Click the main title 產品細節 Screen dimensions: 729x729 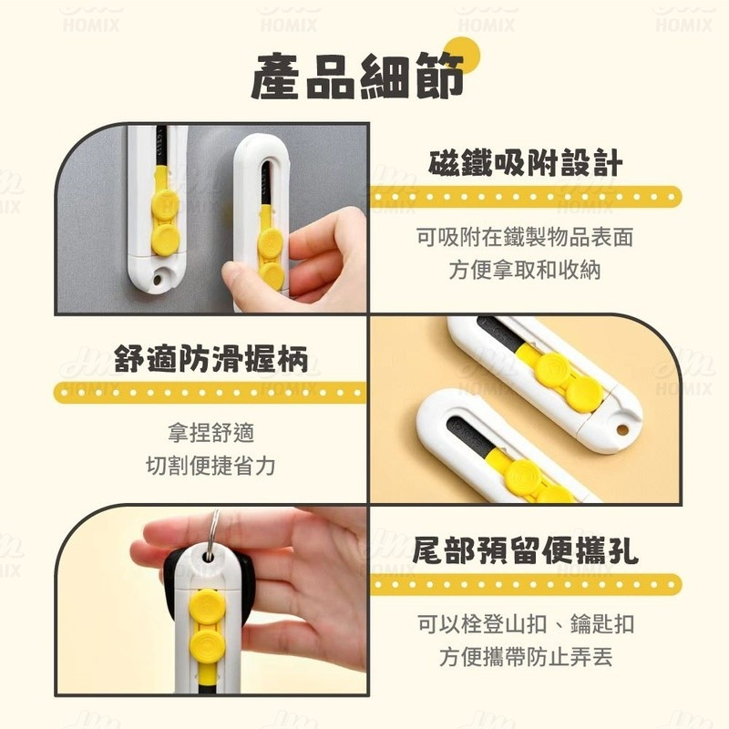357,77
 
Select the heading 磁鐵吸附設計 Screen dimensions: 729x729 526,163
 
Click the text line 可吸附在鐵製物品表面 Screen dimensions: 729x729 525,237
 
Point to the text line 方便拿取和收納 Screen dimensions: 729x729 525,270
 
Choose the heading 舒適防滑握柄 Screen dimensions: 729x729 211,359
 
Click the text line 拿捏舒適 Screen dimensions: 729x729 211,432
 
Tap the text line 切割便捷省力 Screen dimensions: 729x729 211,466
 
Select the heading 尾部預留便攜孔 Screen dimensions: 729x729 526,550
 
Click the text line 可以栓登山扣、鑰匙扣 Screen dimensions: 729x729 526,623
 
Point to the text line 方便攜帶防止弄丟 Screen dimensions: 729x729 526,656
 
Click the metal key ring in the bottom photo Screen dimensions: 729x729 213,535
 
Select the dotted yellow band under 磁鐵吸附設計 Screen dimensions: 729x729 526,197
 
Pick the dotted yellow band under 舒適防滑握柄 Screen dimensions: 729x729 210,393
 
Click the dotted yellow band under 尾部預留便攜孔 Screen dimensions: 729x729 526,584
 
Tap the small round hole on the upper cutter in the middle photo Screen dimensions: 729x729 621,429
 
